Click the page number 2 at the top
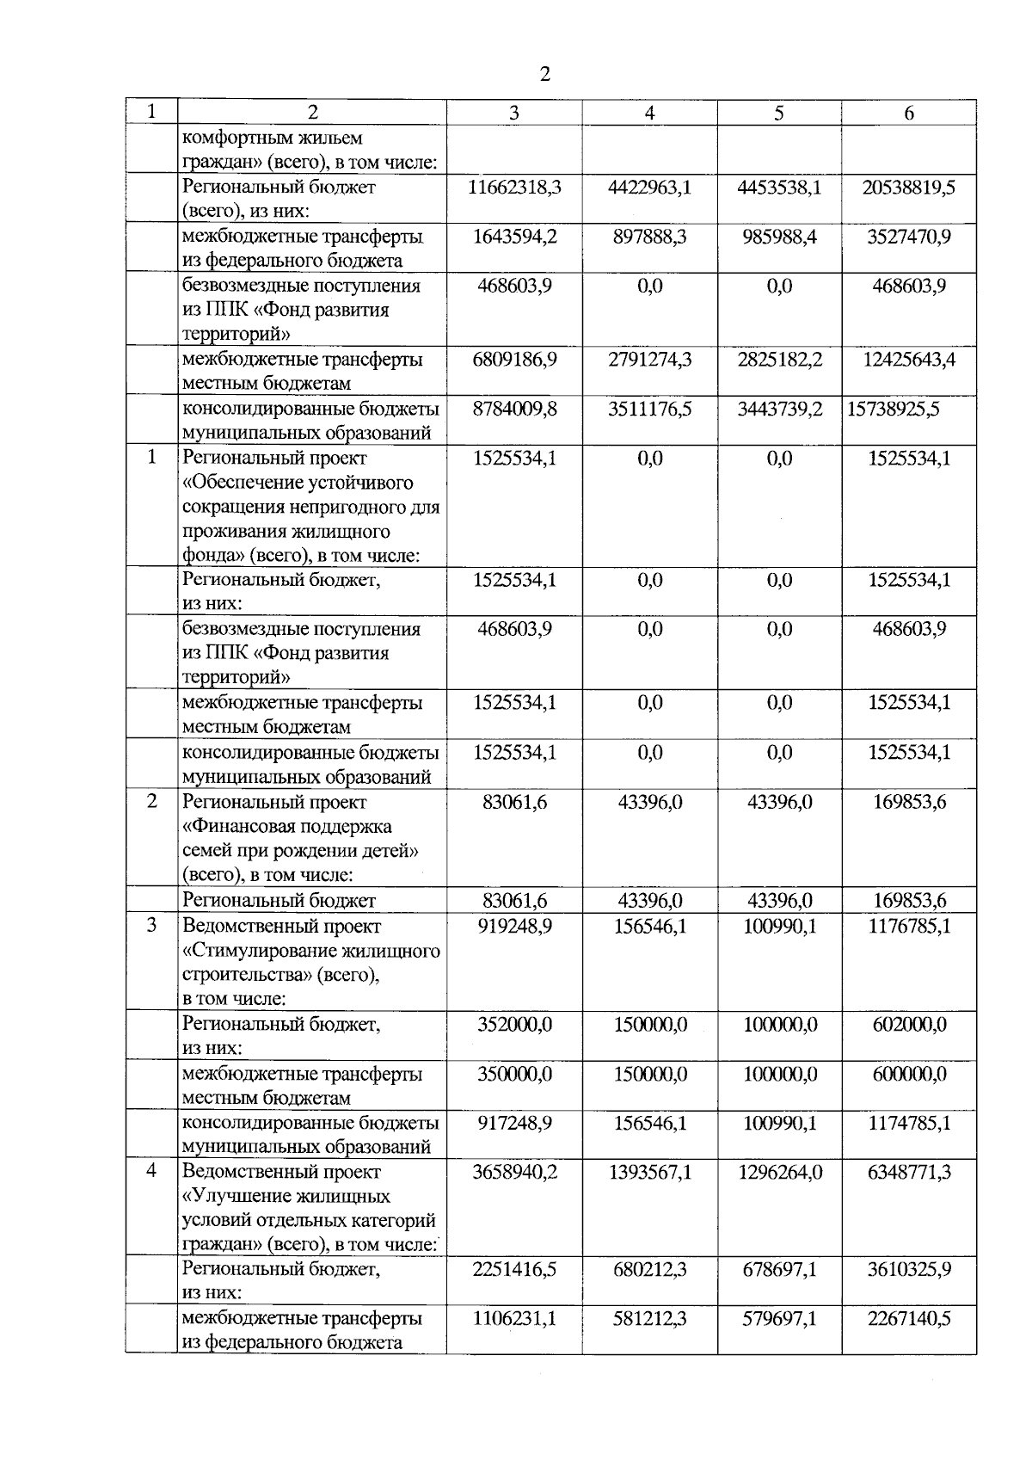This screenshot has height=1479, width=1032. pyautogui.click(x=544, y=74)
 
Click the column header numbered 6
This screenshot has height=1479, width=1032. pyautogui.click(x=909, y=113)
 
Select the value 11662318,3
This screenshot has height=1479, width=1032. pyautogui.click(x=514, y=187)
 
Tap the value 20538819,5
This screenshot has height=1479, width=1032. pyautogui.click(x=909, y=187)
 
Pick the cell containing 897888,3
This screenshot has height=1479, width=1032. pyautogui.click(x=650, y=236)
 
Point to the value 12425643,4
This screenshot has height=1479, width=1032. pyautogui.click(x=909, y=359)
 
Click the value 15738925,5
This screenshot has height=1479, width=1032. pyautogui.click(x=894, y=409)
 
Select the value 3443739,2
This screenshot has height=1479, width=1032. pyautogui.click(x=779, y=409)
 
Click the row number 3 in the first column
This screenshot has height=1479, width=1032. pyautogui.click(x=151, y=926)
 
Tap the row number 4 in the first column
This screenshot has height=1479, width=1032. pyautogui.click(x=151, y=1171)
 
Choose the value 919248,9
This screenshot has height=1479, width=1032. pyautogui.click(x=514, y=927)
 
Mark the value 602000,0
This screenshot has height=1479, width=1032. pyautogui.click(x=909, y=1025)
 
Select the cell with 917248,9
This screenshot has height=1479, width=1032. pyautogui.click(x=514, y=1123)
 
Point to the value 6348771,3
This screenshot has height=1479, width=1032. pyautogui.click(x=909, y=1172)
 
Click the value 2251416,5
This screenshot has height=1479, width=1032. pyautogui.click(x=514, y=1269)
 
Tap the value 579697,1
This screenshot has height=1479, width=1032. pyautogui.click(x=779, y=1318)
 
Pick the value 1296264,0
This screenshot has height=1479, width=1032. pyautogui.click(x=779, y=1172)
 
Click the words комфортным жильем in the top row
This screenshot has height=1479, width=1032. pyautogui.click(x=272, y=138)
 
